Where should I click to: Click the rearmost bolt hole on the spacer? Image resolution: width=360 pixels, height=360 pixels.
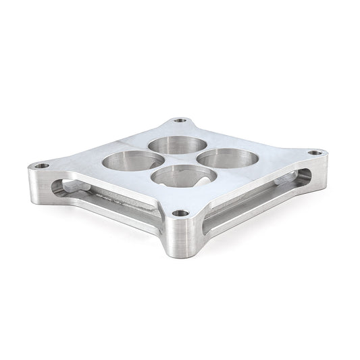(x=180, y=121)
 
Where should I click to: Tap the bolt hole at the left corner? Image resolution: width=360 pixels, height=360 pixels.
(x=42, y=165)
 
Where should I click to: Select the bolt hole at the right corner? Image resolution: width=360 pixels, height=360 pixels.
(x=314, y=153)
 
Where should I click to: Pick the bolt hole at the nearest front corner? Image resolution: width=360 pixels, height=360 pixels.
(x=180, y=213)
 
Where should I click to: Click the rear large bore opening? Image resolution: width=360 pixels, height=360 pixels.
(x=178, y=145)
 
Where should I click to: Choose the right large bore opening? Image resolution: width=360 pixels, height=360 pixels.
(x=228, y=159)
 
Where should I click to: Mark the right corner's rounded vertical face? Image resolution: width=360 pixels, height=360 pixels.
(x=322, y=172)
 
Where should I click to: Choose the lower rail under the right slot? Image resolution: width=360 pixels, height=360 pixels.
(x=257, y=215)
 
